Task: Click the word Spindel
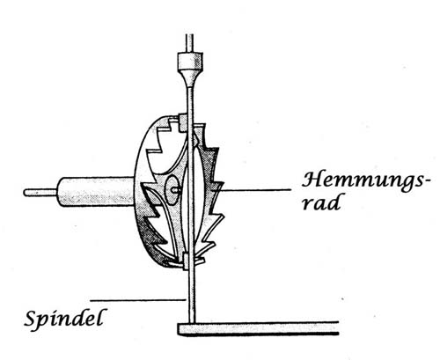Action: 64,320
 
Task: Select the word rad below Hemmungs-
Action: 321,202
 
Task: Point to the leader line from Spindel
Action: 138,300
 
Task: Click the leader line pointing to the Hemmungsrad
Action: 254,190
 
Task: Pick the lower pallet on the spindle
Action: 186,261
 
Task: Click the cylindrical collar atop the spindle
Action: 190,61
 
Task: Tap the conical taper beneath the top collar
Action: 190,77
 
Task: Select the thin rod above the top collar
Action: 189,43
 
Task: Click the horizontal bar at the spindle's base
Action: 258,328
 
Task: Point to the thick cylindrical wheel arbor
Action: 96,193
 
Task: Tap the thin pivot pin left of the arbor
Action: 40,193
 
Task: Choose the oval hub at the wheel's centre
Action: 171,190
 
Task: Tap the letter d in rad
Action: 334,202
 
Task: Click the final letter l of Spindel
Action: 100,317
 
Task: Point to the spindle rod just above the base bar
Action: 191,311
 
